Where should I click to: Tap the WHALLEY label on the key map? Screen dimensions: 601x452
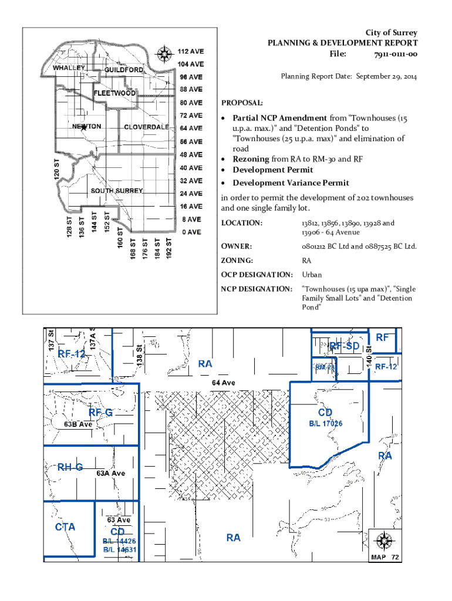pyautogui.click(x=69, y=67)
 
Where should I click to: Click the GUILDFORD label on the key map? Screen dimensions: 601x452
pyautogui.click(x=124, y=70)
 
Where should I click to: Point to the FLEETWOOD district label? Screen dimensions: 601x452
pyautogui.click(x=115, y=93)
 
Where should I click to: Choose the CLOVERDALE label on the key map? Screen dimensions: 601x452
pyautogui.click(x=147, y=127)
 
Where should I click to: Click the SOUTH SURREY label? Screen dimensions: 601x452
pyautogui.click(x=116, y=191)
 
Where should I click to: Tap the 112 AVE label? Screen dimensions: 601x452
pyautogui.click(x=191, y=51)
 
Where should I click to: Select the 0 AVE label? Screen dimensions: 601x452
pyautogui.click(x=191, y=232)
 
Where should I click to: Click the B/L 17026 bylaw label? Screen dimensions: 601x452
pyautogui.click(x=326, y=423)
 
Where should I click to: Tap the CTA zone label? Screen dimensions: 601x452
pyautogui.click(x=65, y=527)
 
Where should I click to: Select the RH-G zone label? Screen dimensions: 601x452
pyautogui.click(x=70, y=467)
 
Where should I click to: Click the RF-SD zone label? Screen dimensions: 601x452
pyautogui.click(x=344, y=347)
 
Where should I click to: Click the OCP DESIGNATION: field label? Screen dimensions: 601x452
pyautogui.click(x=256, y=275)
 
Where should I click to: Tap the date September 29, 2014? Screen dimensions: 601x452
pyautogui.click(x=382, y=76)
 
